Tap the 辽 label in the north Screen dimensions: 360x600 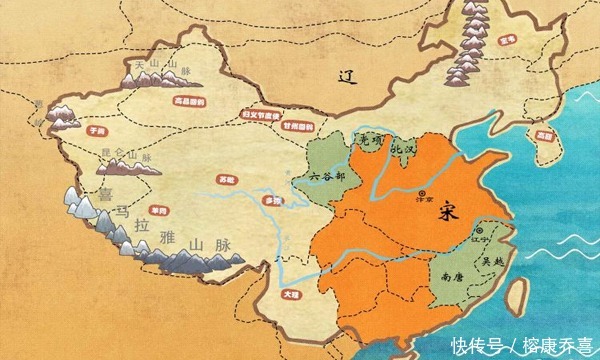[347, 78]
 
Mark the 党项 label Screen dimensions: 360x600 [373, 140]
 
